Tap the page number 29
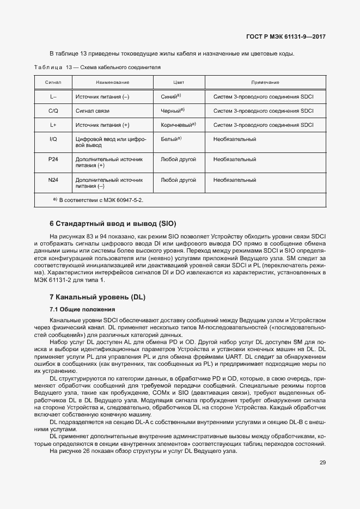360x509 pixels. click(x=323, y=463)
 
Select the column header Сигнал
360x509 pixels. click(x=53, y=82)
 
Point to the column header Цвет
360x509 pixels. click(x=179, y=82)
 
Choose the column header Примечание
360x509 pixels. click(x=265, y=82)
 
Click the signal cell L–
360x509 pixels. click(x=53, y=96)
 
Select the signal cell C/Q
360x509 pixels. click(x=53, y=111)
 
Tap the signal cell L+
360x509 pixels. click(x=53, y=125)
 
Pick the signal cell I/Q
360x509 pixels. click(x=53, y=139)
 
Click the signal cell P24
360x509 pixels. click(x=53, y=160)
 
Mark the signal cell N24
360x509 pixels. click(x=53, y=179)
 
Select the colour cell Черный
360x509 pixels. click(x=173, y=111)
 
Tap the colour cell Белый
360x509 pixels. click(x=171, y=139)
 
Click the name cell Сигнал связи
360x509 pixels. click(x=93, y=111)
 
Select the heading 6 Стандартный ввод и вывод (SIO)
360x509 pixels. click(x=113, y=224)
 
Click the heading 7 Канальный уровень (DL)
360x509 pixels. click(x=97, y=297)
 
